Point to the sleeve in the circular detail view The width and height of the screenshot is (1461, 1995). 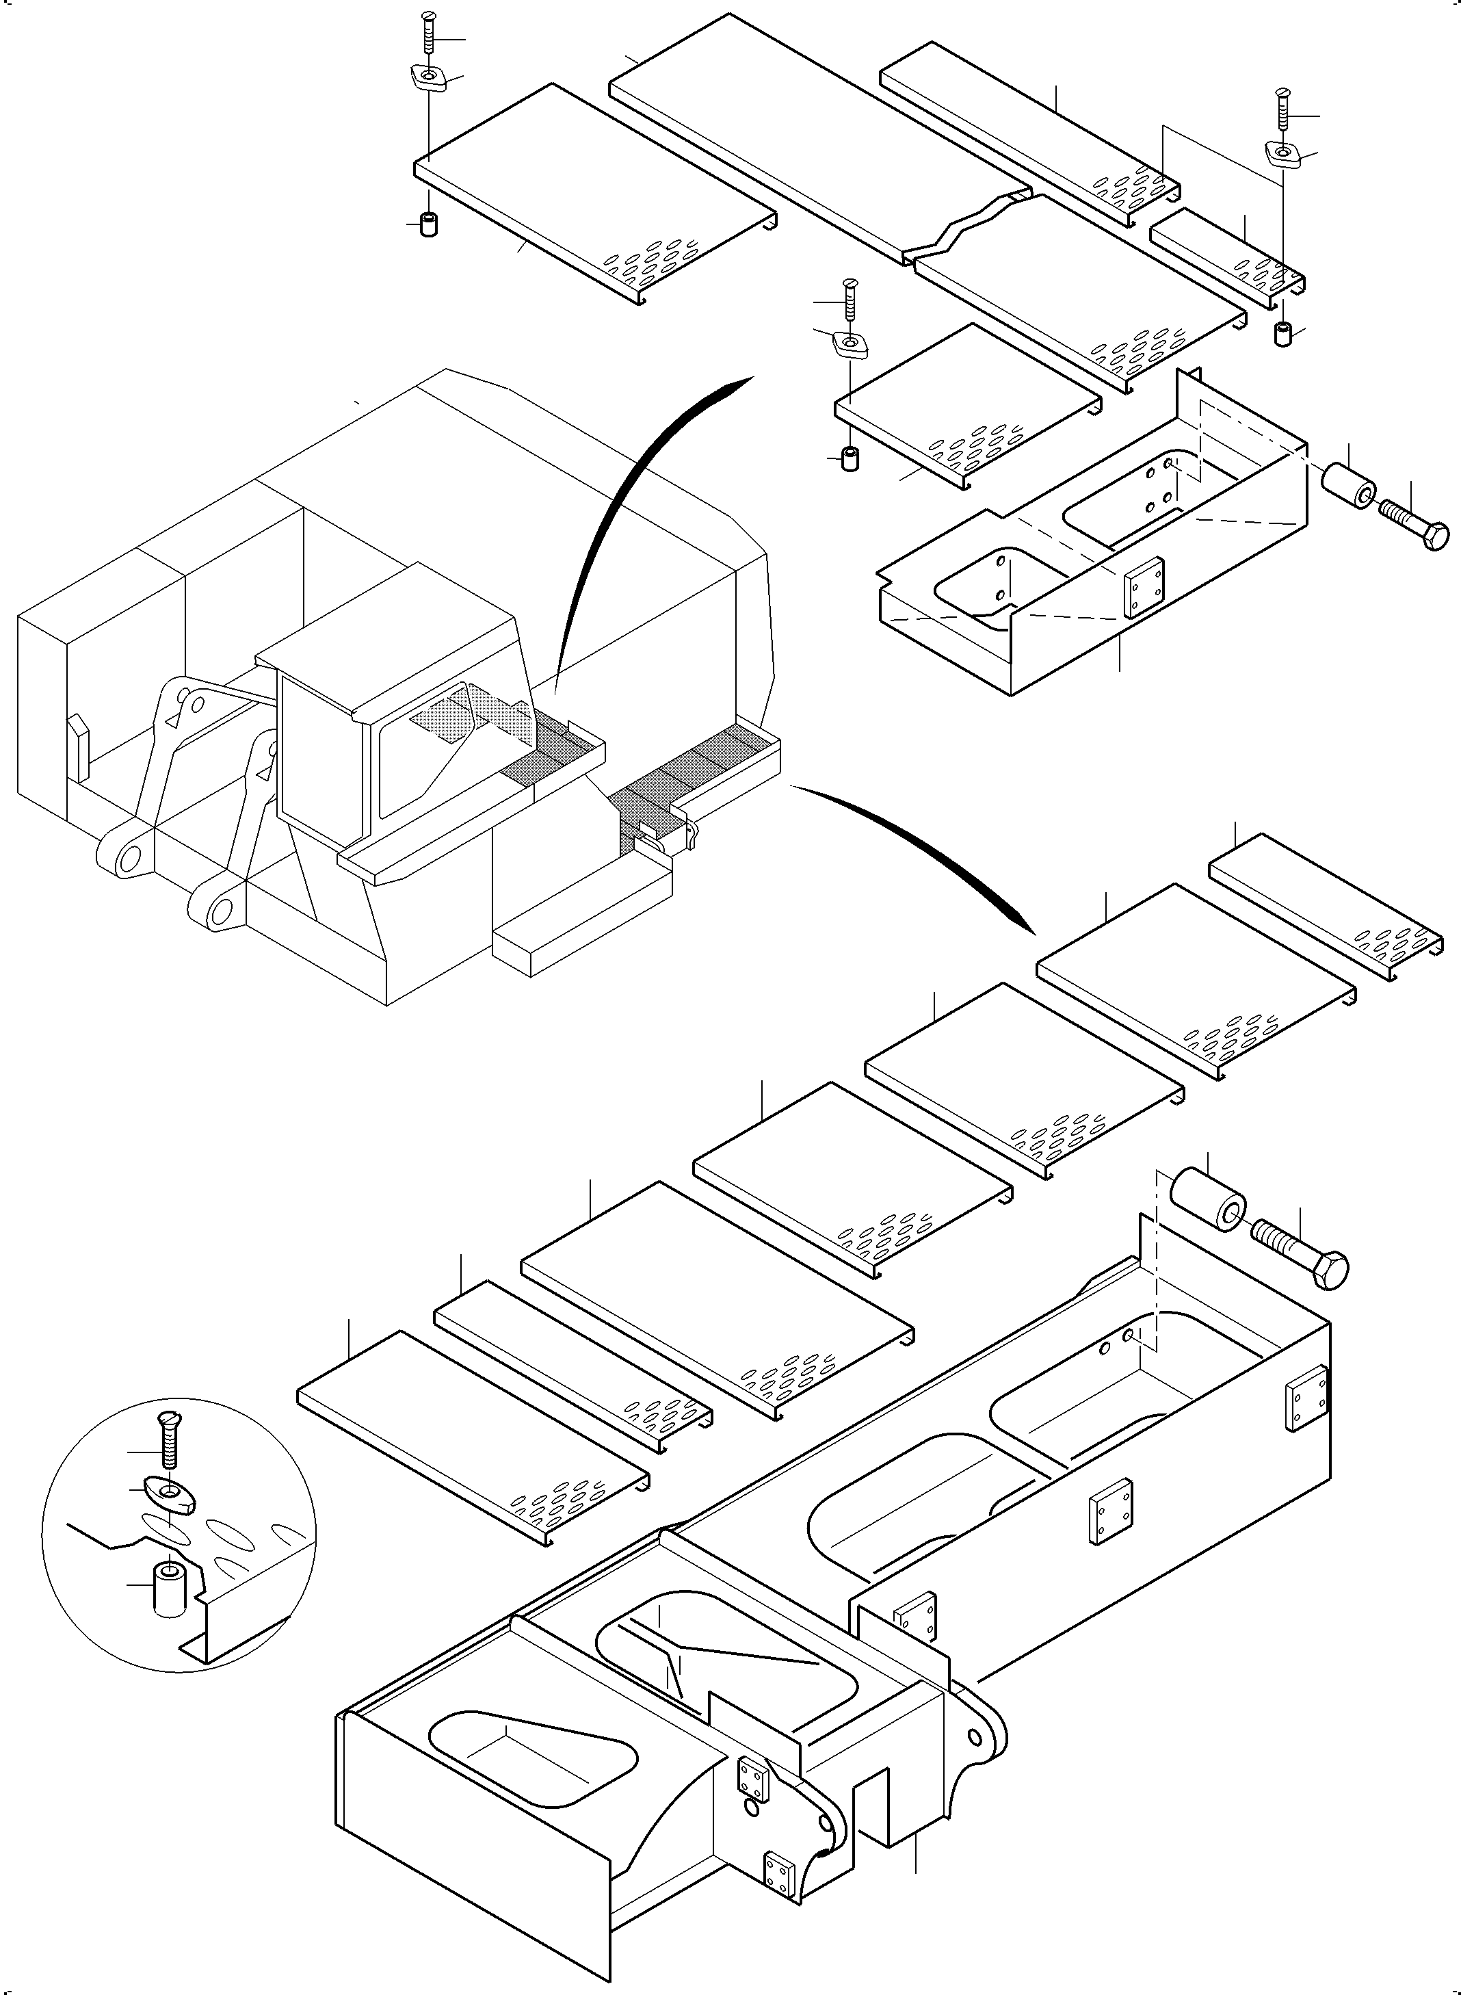pyautogui.click(x=168, y=1590)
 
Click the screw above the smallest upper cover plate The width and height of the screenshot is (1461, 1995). pyautogui.click(x=1283, y=111)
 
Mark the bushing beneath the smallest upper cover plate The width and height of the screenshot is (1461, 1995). pyautogui.click(x=1283, y=335)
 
